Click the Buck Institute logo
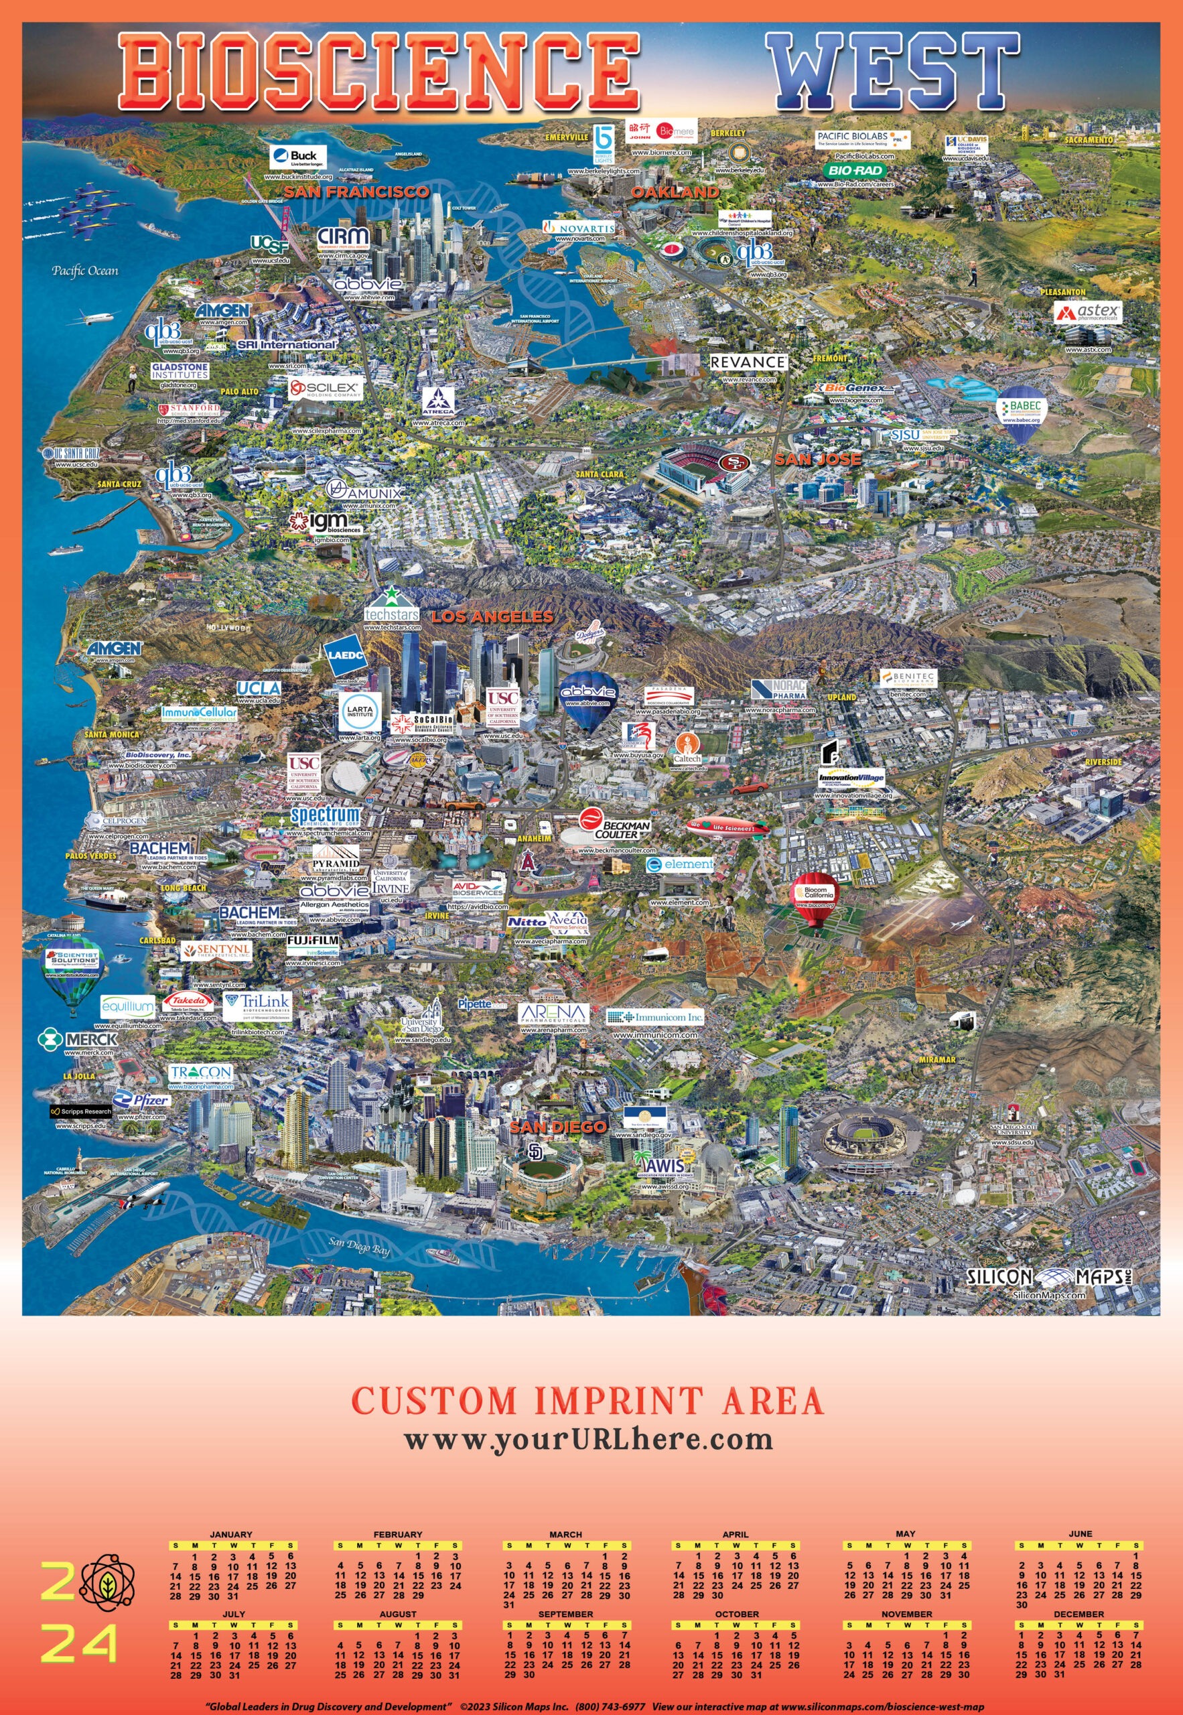click(x=298, y=157)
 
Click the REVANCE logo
click(x=748, y=362)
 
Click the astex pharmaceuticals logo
click(x=1088, y=312)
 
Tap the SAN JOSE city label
click(x=817, y=460)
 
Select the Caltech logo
click(x=687, y=748)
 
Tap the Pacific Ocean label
click(x=84, y=271)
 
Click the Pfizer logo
click(x=141, y=1101)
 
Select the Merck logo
click(x=78, y=1039)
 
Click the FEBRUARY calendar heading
click(x=397, y=1534)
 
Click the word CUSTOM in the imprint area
click(x=433, y=1401)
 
